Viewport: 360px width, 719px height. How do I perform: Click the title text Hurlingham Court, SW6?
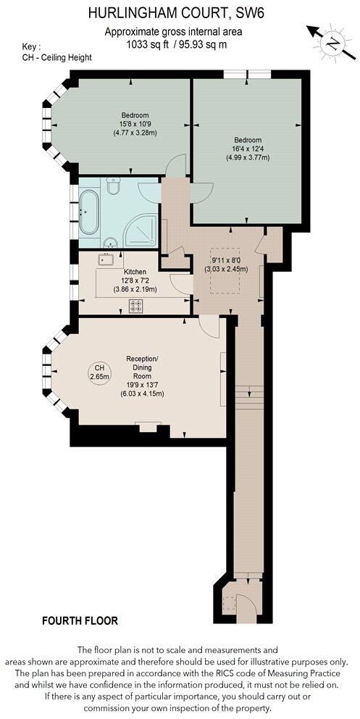pos(175,12)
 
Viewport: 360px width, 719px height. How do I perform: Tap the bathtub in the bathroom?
pos(88,212)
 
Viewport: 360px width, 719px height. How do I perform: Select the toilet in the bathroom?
pos(113,188)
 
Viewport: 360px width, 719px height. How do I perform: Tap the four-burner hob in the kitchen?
pos(135,306)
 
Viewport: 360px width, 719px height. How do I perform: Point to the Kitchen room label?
pos(135,272)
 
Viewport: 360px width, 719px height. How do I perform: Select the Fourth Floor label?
pos(80,620)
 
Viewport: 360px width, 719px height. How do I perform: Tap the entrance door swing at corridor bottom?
pos(243,603)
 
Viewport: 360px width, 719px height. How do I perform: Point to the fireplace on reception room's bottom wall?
pos(148,428)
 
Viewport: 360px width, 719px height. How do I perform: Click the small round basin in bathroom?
pos(109,244)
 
